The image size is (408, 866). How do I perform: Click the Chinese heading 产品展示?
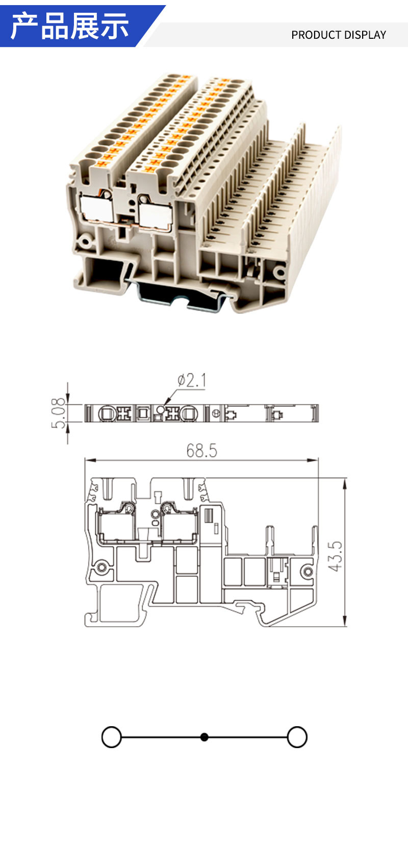[69, 26]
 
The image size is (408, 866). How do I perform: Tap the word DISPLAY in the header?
[365, 35]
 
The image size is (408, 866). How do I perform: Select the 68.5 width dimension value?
[201, 451]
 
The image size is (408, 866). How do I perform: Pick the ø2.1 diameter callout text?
[192, 380]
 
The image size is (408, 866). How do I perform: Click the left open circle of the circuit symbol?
[112, 737]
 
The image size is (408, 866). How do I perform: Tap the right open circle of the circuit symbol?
[297, 737]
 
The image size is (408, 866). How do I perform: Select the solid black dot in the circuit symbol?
[205, 737]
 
